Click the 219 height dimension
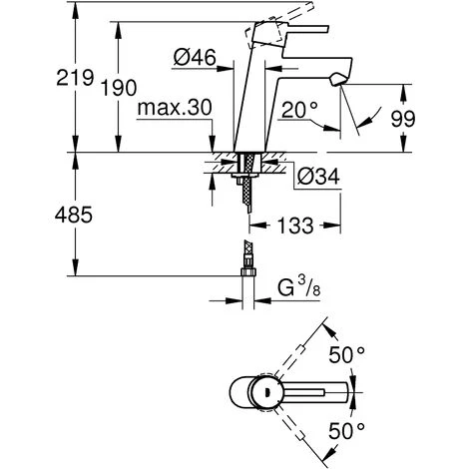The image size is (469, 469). point(75,78)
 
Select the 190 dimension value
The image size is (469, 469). point(119,88)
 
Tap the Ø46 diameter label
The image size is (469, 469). point(195,57)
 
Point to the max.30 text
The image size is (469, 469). point(175,107)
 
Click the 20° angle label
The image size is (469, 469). point(299,110)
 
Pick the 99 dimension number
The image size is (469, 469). point(403,119)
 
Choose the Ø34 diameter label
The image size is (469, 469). point(318,176)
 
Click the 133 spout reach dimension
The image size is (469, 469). point(295,226)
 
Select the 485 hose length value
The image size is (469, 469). point(74,215)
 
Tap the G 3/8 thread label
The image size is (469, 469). point(299,287)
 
